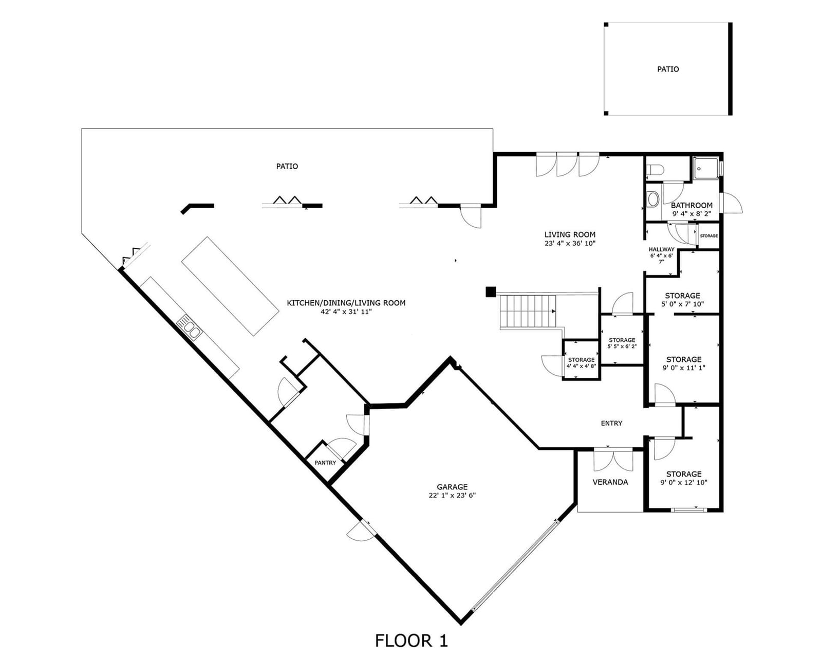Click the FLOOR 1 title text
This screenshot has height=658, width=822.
411,641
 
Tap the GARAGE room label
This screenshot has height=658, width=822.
452,487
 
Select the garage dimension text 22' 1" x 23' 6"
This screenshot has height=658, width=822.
452,496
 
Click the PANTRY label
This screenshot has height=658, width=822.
325,463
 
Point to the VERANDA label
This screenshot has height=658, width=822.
610,482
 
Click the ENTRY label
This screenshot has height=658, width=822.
611,423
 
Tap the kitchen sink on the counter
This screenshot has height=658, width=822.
189,327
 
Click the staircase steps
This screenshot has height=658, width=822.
528,311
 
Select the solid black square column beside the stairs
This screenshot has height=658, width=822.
491,291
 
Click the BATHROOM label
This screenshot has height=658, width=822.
692,205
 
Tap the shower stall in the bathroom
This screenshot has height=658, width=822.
706,169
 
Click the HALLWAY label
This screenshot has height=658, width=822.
662,249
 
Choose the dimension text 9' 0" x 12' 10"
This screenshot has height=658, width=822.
684,483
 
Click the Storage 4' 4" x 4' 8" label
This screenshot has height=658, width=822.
581,363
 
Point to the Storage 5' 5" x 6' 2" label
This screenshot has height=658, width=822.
622,343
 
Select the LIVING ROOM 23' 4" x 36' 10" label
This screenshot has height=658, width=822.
570,239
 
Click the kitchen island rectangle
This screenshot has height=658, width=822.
230,286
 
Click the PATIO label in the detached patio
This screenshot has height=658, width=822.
668,69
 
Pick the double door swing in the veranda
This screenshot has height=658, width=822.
613,461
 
